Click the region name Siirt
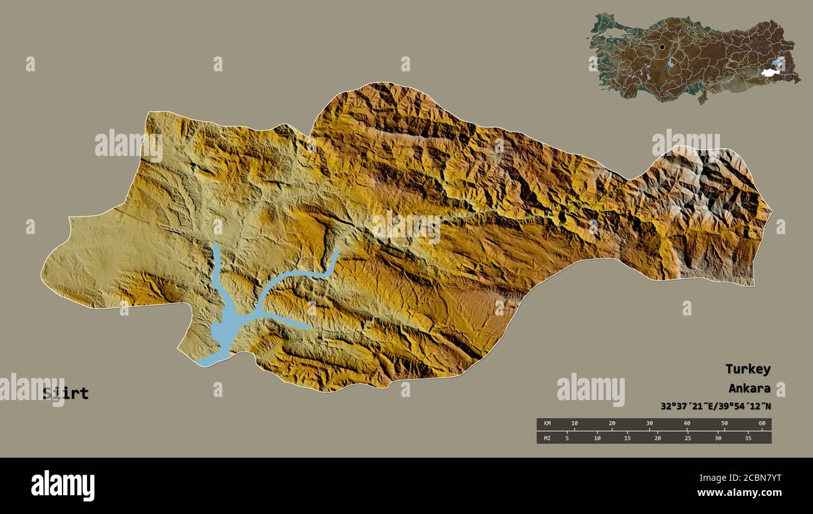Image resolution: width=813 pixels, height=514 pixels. click(x=66, y=394)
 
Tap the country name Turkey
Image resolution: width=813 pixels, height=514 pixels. click(x=747, y=369)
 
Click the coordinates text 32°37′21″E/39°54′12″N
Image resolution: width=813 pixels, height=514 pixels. click(x=715, y=406)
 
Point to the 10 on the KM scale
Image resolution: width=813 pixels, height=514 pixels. click(x=574, y=424)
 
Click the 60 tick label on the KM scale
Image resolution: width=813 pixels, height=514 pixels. click(x=761, y=424)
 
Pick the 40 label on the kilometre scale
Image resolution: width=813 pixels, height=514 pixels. click(x=687, y=424)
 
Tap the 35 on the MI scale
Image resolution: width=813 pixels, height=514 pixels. click(x=748, y=438)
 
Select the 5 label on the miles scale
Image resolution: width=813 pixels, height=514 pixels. click(x=567, y=438)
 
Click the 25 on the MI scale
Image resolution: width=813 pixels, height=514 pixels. click(x=687, y=438)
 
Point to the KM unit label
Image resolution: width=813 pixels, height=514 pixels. click(x=547, y=424)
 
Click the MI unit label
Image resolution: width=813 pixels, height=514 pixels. click(x=547, y=438)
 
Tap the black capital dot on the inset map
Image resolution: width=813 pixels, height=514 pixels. click(x=662, y=47)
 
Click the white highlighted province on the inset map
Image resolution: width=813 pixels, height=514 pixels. click(x=769, y=73)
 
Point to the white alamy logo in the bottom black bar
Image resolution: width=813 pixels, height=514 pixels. click(x=63, y=485)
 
